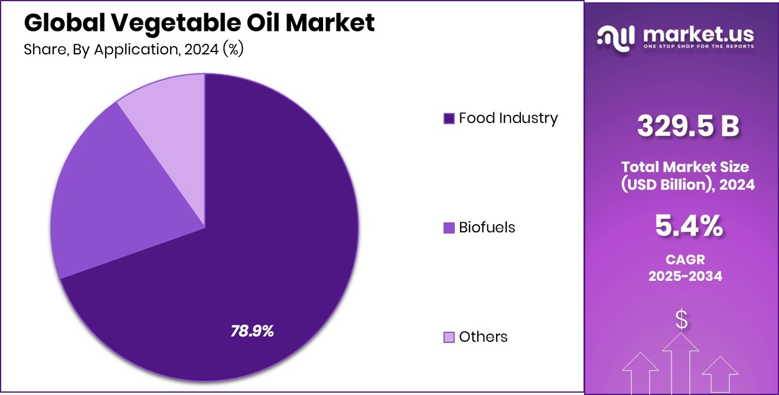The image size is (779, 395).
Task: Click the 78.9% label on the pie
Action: (x=252, y=331)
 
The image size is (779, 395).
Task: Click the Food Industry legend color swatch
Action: (x=449, y=119)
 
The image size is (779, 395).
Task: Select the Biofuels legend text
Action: (x=487, y=228)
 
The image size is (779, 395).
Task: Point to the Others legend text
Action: (x=483, y=337)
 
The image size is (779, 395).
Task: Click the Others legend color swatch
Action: (x=449, y=337)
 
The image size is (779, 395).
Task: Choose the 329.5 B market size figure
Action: (x=688, y=126)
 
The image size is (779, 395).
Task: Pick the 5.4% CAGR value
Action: (x=688, y=226)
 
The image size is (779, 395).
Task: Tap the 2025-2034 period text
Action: (x=685, y=276)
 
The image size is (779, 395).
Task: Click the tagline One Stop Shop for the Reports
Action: (x=698, y=47)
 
